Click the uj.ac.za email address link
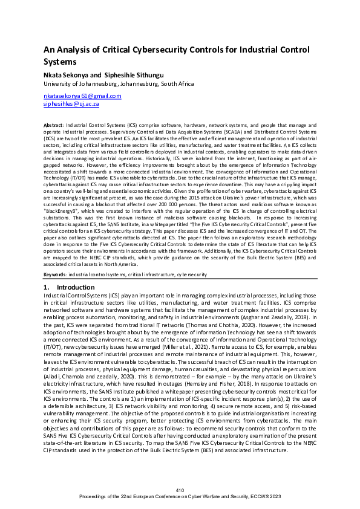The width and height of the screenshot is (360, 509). click(72, 103)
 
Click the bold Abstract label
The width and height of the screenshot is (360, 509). click(53, 124)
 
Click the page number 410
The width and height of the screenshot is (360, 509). click(180, 490)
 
